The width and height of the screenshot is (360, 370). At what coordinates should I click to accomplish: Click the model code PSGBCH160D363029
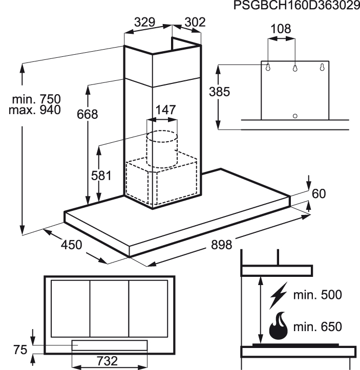tap(297, 6)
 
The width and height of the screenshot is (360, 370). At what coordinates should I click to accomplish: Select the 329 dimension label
tap(145, 23)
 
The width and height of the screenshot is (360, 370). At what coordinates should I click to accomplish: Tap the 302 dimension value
tap(195, 23)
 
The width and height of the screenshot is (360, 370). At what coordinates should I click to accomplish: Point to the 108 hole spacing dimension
tap(281, 29)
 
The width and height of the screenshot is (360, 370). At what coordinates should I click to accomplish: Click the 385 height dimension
tap(219, 92)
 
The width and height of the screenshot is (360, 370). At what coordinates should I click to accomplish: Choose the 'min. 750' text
tap(36, 99)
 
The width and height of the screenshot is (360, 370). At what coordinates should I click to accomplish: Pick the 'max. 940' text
tap(35, 110)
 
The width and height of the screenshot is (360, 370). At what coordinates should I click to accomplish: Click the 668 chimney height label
tap(88, 114)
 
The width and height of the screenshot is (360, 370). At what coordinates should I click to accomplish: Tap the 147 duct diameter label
tap(165, 110)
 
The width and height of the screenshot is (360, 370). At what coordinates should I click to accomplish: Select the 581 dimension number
tap(101, 176)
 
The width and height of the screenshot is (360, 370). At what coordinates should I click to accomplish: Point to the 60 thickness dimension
tap(319, 194)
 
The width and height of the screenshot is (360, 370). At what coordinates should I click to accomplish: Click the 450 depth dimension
tap(72, 245)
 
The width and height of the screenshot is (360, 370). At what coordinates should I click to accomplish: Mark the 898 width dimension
tap(221, 245)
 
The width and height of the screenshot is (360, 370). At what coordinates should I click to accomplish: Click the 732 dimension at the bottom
tap(107, 361)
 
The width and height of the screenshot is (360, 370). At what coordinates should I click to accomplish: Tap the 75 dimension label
tap(20, 350)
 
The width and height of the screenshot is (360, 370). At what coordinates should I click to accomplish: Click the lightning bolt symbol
tap(279, 295)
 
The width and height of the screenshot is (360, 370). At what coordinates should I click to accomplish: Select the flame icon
tap(279, 326)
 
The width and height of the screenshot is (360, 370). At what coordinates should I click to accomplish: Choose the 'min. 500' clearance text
tap(317, 295)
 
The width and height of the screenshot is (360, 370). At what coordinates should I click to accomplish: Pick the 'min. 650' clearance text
tap(317, 327)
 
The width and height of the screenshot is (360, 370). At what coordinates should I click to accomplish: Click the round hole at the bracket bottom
tap(295, 116)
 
